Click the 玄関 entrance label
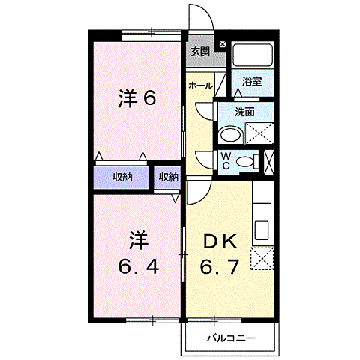(x=199, y=52)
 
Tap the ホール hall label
(x=199, y=85)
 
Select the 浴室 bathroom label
(x=252, y=82)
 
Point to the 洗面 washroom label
(x=244, y=112)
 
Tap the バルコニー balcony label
(x=231, y=338)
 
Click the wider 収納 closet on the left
(x=122, y=177)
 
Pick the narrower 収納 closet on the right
(x=168, y=177)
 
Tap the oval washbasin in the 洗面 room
(x=230, y=136)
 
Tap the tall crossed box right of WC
(x=270, y=160)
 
